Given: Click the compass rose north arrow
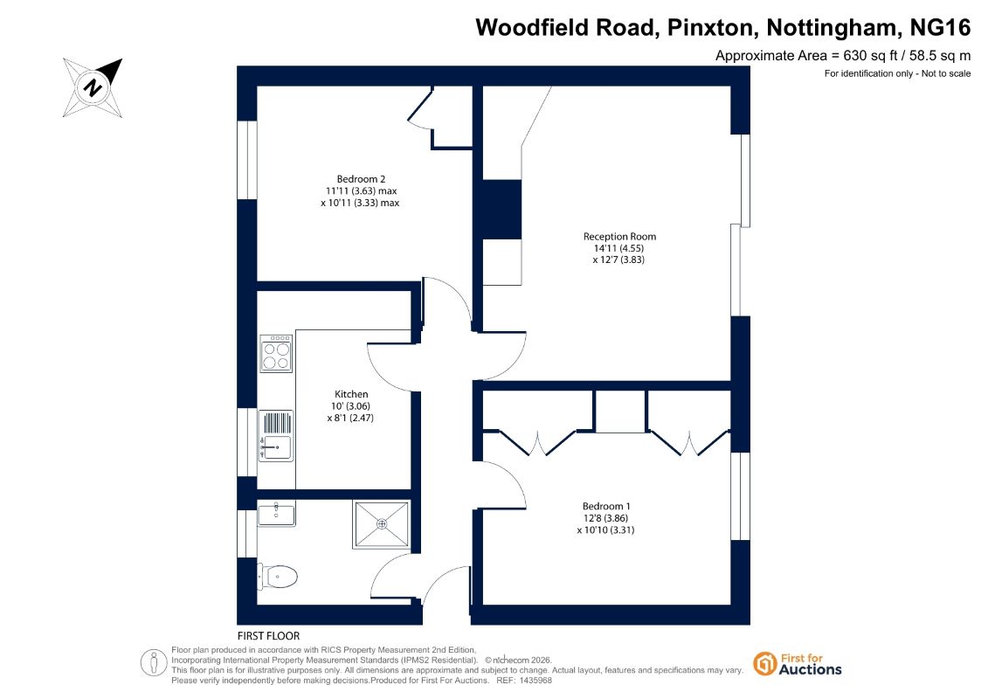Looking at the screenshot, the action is coord(93,87).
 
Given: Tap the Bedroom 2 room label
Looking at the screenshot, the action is coord(361,179).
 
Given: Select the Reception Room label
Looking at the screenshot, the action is coord(619,237).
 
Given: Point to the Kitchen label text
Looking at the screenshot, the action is coord(351,394).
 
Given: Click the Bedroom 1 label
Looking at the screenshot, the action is coord(606,506).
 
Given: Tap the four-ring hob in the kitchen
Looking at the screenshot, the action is coord(276,353).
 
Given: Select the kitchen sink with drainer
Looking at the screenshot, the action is coord(276,435).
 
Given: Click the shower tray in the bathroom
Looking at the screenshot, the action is coord(382,523).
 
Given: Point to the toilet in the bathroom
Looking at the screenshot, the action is coord(277,576).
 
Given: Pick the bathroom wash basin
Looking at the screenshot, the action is coord(276,514).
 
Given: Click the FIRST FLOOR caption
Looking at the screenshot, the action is coord(268,636).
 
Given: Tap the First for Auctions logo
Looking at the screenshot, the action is coord(798,664).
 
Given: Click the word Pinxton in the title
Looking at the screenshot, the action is coord(710,28).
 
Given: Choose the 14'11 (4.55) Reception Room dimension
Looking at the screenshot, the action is coord(618,248).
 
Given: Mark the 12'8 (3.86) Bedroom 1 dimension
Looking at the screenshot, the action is coord(605,518).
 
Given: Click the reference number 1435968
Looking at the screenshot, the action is coord(533,681).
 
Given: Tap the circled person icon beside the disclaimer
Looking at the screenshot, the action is coord(154,663).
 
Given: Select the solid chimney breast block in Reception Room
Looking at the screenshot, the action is coord(502,209).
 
